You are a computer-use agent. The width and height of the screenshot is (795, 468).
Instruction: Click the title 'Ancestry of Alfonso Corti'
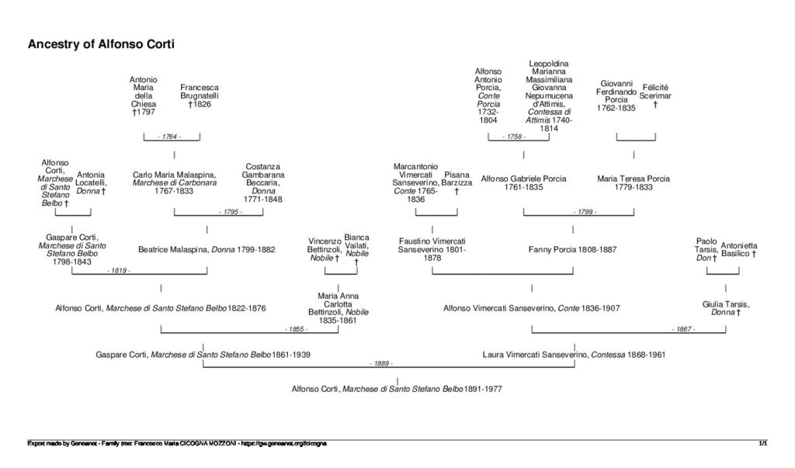click(x=101, y=44)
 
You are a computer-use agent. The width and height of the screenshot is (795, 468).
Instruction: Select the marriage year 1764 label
click(x=172, y=137)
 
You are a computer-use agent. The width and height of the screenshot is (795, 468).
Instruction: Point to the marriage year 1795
click(x=230, y=211)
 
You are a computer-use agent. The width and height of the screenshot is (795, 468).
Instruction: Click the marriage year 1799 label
click(x=585, y=211)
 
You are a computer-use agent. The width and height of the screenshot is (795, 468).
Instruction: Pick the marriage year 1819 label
click(x=119, y=270)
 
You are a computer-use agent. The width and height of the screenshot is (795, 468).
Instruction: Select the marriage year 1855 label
click(x=296, y=329)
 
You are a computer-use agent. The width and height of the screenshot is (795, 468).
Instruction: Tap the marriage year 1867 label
click(x=684, y=329)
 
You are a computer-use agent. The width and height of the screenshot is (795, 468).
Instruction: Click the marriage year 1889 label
click(x=380, y=363)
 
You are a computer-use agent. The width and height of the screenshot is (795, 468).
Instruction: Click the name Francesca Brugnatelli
click(x=200, y=95)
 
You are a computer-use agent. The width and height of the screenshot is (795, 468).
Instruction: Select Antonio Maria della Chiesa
click(x=144, y=95)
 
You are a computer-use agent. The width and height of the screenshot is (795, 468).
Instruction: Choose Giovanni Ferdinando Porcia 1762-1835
click(x=616, y=95)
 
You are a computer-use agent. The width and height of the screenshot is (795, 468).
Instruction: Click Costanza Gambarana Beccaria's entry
click(x=263, y=183)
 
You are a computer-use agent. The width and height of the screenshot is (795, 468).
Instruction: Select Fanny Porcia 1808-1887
click(x=572, y=249)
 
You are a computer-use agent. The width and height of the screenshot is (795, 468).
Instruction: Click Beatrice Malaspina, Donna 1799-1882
click(x=207, y=249)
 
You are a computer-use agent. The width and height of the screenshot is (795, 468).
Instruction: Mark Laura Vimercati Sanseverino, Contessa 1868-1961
click(x=574, y=355)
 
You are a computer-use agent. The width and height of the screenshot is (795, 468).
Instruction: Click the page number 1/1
click(x=763, y=443)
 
